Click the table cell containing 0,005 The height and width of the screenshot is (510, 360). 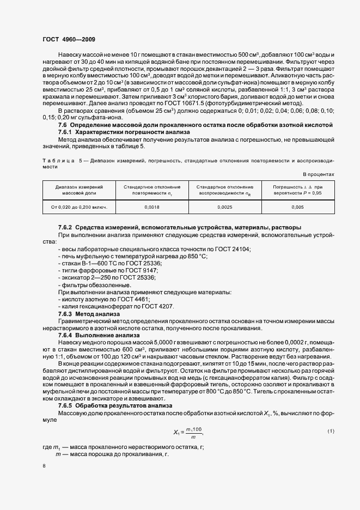(x=297, y=208)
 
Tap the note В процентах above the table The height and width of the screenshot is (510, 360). (x=319, y=174)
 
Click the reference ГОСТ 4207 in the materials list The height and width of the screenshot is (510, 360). (x=157, y=306)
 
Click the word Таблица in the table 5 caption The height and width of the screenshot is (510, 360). (x=57, y=161)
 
